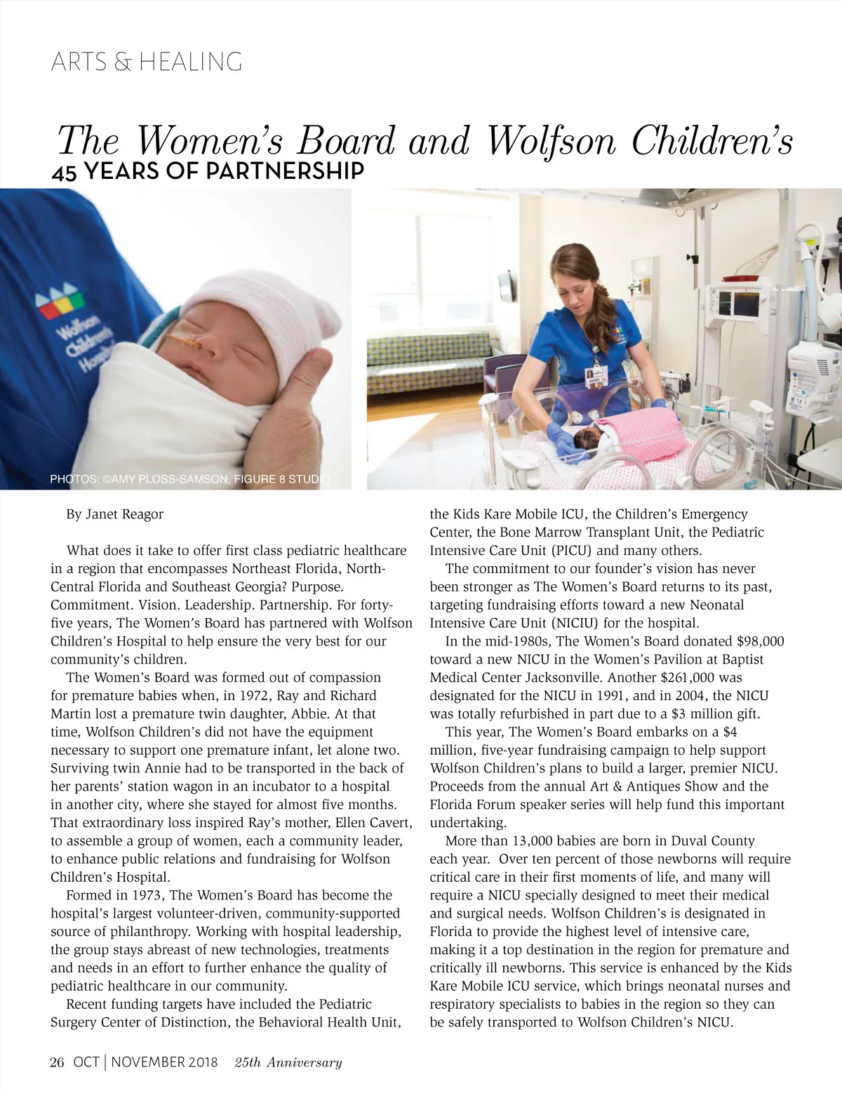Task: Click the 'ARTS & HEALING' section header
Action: tap(147, 62)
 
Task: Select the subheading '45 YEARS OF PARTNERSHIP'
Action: tap(208, 171)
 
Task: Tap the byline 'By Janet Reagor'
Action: tap(114, 514)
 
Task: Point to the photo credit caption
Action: tap(189, 480)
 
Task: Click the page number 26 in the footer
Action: tap(57, 1062)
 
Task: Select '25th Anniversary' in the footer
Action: tap(288, 1062)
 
